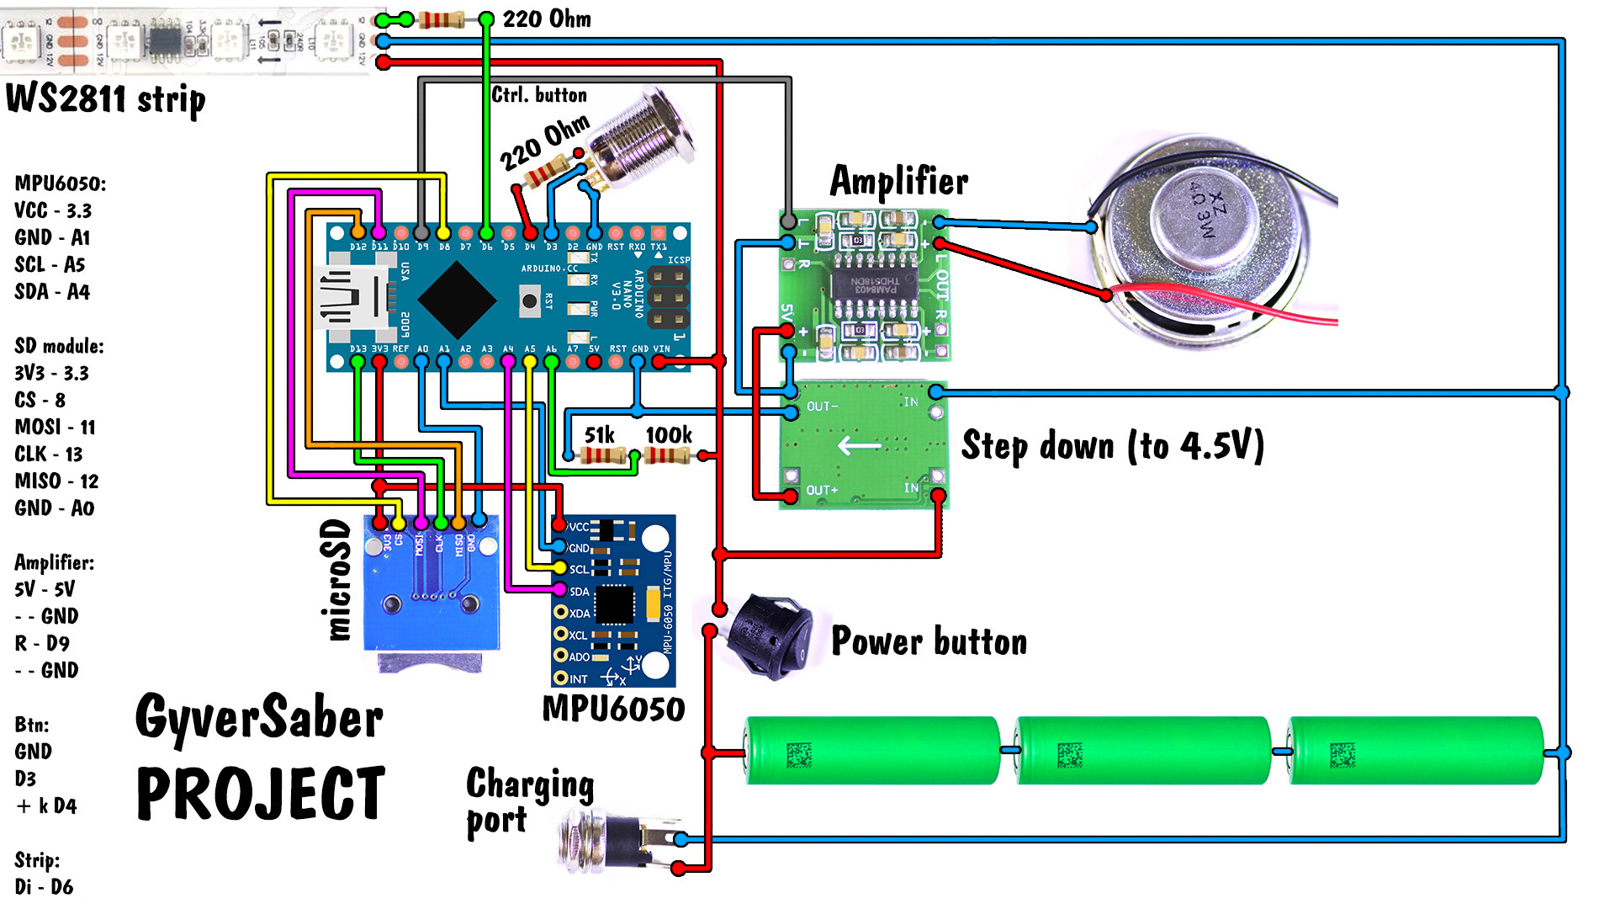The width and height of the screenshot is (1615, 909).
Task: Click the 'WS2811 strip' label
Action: point(105,99)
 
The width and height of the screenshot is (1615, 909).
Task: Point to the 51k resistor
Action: point(604,455)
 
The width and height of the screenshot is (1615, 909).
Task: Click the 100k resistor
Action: point(667,455)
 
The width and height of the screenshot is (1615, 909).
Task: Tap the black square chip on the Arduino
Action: point(457,298)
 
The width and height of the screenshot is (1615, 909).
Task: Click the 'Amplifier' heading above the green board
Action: point(898,181)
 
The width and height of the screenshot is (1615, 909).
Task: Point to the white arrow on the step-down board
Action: point(859,444)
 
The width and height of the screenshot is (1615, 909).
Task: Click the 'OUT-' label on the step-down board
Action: point(822,407)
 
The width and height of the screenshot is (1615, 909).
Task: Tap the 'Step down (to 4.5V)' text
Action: point(1112,446)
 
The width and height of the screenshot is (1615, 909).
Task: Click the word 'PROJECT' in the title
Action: point(261,793)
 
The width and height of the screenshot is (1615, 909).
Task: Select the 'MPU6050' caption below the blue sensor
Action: point(613,709)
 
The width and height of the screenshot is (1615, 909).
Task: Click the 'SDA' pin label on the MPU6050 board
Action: point(580,592)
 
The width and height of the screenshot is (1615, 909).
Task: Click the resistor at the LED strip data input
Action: point(441,19)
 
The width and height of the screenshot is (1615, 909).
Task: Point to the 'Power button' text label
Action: point(929,641)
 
